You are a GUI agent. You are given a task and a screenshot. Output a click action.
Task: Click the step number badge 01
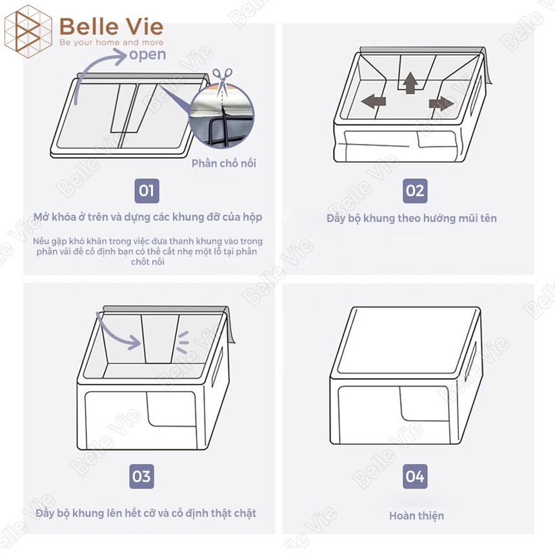click(x=146, y=191)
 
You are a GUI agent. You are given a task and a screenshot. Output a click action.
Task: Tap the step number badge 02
click(x=415, y=191)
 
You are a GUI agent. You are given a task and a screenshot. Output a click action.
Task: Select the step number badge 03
click(x=141, y=476)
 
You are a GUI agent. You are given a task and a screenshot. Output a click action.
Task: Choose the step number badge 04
click(x=415, y=476)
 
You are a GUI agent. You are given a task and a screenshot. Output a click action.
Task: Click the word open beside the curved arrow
click(x=148, y=55)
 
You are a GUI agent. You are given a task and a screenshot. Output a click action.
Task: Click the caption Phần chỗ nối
click(x=224, y=163)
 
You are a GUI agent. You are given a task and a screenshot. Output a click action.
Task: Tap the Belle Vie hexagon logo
click(x=28, y=31)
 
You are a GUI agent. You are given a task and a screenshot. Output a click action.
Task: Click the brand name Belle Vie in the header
click(x=111, y=26)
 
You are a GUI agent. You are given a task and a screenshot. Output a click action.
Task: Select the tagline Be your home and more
click(x=112, y=43)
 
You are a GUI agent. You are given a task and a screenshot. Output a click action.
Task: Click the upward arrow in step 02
click(x=410, y=83)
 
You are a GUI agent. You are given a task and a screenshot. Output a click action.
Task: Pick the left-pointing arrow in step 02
click(x=374, y=101)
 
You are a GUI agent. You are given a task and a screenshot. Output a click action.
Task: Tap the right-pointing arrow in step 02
click(x=441, y=104)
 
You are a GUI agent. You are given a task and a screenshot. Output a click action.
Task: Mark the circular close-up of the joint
click(x=222, y=116)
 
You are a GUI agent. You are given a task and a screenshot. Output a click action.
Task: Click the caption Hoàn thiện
click(x=417, y=516)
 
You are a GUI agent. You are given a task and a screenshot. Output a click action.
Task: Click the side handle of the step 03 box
click(x=216, y=367)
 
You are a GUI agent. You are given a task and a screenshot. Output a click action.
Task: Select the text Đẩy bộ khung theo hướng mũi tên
click(x=412, y=218)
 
